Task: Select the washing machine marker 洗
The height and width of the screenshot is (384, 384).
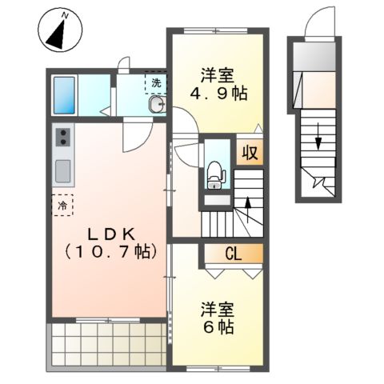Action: click(x=152, y=83)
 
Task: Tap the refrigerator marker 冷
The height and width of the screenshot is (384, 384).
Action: click(x=62, y=206)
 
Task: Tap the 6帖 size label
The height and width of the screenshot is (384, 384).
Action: click(x=217, y=327)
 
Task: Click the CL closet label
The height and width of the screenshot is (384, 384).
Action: click(x=232, y=255)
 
